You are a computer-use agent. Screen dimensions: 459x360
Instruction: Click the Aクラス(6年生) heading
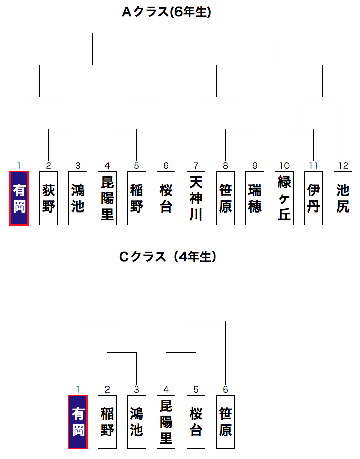tap(166, 12)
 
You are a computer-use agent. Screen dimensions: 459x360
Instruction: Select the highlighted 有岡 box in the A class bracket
tap(19, 198)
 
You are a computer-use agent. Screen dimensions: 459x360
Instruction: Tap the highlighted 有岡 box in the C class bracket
tap(78, 422)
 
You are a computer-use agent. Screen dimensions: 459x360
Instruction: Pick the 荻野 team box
tap(48, 198)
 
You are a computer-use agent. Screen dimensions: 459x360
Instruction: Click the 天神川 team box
tap(195, 198)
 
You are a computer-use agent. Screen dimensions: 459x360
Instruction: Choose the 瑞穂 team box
tap(255, 198)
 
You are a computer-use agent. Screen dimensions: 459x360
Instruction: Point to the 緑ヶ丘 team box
tap(284, 198)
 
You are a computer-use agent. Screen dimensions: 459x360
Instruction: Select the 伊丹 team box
tap(313, 198)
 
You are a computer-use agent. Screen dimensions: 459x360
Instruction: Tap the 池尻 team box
tap(343, 198)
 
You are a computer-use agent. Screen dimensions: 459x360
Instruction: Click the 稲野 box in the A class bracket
tap(136, 198)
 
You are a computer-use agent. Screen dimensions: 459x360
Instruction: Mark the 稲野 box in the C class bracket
tap(107, 422)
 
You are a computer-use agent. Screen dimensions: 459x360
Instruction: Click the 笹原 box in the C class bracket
tap(225, 422)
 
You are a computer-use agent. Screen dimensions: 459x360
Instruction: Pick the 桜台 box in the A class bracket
tap(166, 198)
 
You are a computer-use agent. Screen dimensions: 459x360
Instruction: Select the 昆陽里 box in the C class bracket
tap(166, 422)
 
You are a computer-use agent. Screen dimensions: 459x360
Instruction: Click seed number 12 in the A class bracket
tap(343, 165)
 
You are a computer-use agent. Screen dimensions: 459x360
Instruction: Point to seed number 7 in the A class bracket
tap(195, 165)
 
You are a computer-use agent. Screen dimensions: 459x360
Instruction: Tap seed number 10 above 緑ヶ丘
tap(284, 165)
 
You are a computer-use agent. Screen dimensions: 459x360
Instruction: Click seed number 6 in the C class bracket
tap(225, 390)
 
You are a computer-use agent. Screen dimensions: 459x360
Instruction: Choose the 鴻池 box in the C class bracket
tap(136, 422)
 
